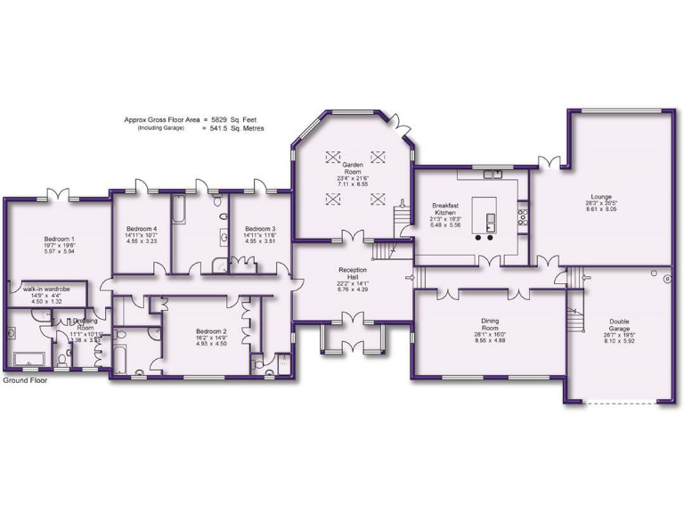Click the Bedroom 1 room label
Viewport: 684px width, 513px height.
point(61,239)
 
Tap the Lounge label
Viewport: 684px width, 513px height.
point(601,197)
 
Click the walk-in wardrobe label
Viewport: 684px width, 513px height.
point(47,289)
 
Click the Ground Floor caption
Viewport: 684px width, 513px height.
point(24,380)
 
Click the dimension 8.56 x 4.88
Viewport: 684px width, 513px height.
point(491,341)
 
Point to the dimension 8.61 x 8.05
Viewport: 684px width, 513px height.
point(601,209)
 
